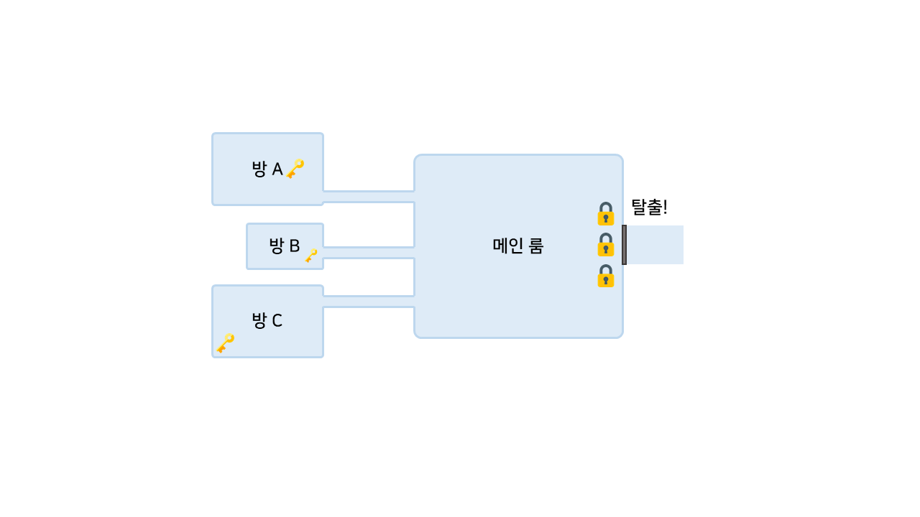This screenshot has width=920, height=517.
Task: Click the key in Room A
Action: point(295,169)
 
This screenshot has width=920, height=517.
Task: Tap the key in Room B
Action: point(311,256)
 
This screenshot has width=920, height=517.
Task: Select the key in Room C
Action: point(226,343)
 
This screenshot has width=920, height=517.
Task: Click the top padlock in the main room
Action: point(606,214)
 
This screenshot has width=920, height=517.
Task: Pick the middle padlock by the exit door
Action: point(606,245)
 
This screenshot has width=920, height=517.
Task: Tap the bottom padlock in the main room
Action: point(606,276)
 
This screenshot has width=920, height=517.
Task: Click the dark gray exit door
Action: point(624,245)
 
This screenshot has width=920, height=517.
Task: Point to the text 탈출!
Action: point(649,208)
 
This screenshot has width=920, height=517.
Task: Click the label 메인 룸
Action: point(518,246)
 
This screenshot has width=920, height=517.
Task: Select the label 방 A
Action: point(267,169)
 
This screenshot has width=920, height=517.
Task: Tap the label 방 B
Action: point(285,246)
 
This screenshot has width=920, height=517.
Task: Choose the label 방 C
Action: point(267,320)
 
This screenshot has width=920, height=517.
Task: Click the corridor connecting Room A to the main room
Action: point(369,197)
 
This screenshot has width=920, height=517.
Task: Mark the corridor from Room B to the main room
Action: point(369,253)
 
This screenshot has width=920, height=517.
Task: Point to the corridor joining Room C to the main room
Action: point(369,302)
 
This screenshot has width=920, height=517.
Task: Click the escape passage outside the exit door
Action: point(655,245)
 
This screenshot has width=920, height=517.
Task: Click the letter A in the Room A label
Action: point(277,169)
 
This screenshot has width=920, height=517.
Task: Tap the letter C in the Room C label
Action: point(277,320)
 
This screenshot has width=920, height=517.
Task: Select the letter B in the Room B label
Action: point(295,246)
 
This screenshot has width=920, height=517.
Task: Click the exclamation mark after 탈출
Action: point(665,208)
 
